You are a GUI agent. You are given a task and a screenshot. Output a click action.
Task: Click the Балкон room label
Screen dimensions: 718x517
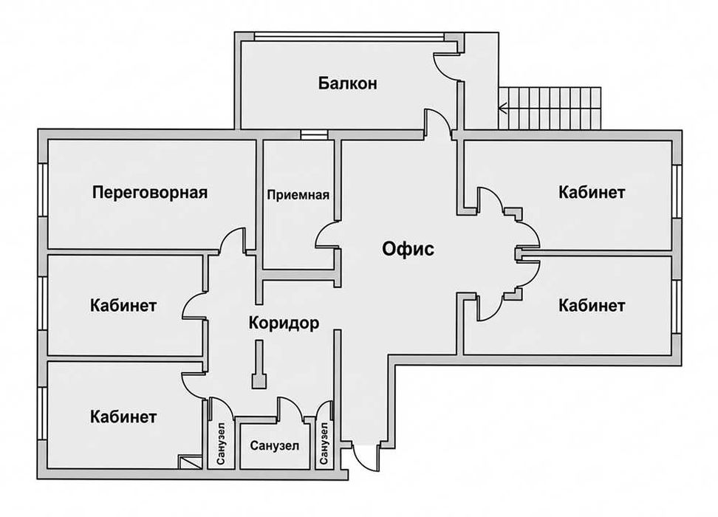tap(348, 83)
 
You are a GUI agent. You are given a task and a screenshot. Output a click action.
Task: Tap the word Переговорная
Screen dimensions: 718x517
tap(150, 192)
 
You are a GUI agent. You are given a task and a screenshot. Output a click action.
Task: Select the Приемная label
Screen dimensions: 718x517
tap(298, 195)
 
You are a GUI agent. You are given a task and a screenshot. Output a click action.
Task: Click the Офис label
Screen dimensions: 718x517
tap(408, 249)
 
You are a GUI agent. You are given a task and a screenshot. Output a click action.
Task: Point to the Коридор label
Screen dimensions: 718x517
tap(284, 323)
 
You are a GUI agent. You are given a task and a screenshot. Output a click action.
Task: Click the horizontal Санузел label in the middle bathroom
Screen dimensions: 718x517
tap(275, 445)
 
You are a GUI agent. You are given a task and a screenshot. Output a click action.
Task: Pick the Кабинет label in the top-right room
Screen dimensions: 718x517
tap(592, 192)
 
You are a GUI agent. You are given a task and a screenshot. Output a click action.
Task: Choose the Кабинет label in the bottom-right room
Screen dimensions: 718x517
tap(592, 306)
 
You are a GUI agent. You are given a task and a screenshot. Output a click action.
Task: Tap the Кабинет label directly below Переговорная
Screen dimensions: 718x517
tap(123, 306)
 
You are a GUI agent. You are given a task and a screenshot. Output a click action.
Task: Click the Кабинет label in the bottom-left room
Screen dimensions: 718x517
tap(123, 417)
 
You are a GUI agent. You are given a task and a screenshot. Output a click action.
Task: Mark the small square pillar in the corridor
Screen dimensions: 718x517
tap(259, 381)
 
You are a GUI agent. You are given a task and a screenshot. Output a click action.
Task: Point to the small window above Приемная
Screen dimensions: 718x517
tap(314, 134)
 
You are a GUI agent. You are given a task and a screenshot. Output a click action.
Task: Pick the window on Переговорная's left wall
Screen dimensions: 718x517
tap(43, 190)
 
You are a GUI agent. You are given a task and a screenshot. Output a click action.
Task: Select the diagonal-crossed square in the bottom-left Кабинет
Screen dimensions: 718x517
tap(191, 462)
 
